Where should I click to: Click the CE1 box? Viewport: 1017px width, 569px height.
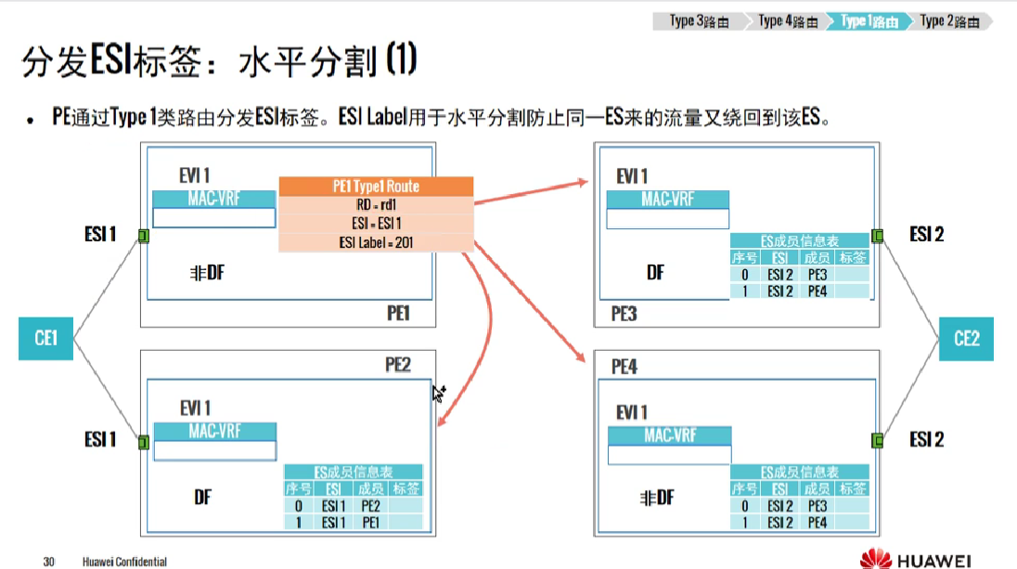pos(46,338)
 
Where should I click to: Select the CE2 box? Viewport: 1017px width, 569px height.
pos(966,338)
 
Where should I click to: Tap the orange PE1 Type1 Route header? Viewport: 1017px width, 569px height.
pos(376,187)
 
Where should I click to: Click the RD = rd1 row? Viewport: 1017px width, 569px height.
pos(376,205)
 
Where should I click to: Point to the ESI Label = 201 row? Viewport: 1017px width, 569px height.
pos(376,242)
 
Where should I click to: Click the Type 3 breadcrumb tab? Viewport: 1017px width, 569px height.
pos(697,21)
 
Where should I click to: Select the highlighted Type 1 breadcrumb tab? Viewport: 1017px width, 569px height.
pos(869,21)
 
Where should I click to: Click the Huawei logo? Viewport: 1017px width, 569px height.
pos(914,560)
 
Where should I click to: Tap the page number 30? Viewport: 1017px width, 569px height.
pos(49,562)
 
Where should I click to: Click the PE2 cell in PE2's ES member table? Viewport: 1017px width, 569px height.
pos(370,506)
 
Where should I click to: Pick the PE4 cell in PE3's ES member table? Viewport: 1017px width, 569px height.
pos(817,291)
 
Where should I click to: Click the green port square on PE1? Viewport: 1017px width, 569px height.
pos(144,236)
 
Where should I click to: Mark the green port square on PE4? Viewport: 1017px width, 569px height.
pos(877,439)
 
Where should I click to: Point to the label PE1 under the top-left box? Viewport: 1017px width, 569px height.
pos(398,314)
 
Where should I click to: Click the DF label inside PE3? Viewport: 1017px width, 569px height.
pos(655,273)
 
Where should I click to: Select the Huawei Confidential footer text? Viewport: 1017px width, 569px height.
pos(124,562)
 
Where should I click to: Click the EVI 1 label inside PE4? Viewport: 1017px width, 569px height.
pos(632,412)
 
